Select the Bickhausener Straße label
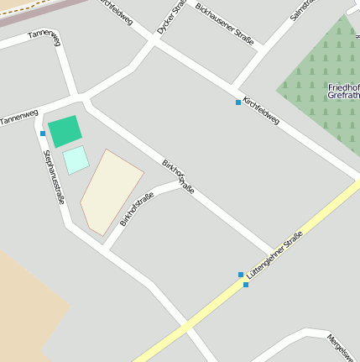(225, 22)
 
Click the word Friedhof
(343, 87)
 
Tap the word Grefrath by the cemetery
(343, 96)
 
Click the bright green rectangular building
(65, 131)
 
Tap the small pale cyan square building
(76, 160)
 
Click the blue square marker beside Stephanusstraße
(43, 134)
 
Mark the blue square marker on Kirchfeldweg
(238, 102)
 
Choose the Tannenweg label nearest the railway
(44, 34)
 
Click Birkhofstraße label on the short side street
(137, 209)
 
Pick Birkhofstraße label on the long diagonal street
(178, 176)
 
